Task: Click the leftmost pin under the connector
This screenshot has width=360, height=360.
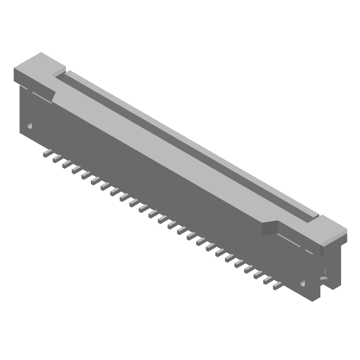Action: click(x=46, y=154)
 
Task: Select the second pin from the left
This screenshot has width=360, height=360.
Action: click(x=56, y=159)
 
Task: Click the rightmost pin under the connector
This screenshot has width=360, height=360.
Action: click(x=277, y=285)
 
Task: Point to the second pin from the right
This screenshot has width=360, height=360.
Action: click(x=267, y=280)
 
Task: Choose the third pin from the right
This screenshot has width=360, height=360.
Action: click(x=258, y=275)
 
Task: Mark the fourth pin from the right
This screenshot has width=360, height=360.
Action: click(x=248, y=270)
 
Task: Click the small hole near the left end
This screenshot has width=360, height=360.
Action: click(x=30, y=125)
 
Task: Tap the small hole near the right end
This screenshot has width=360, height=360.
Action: click(x=303, y=283)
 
